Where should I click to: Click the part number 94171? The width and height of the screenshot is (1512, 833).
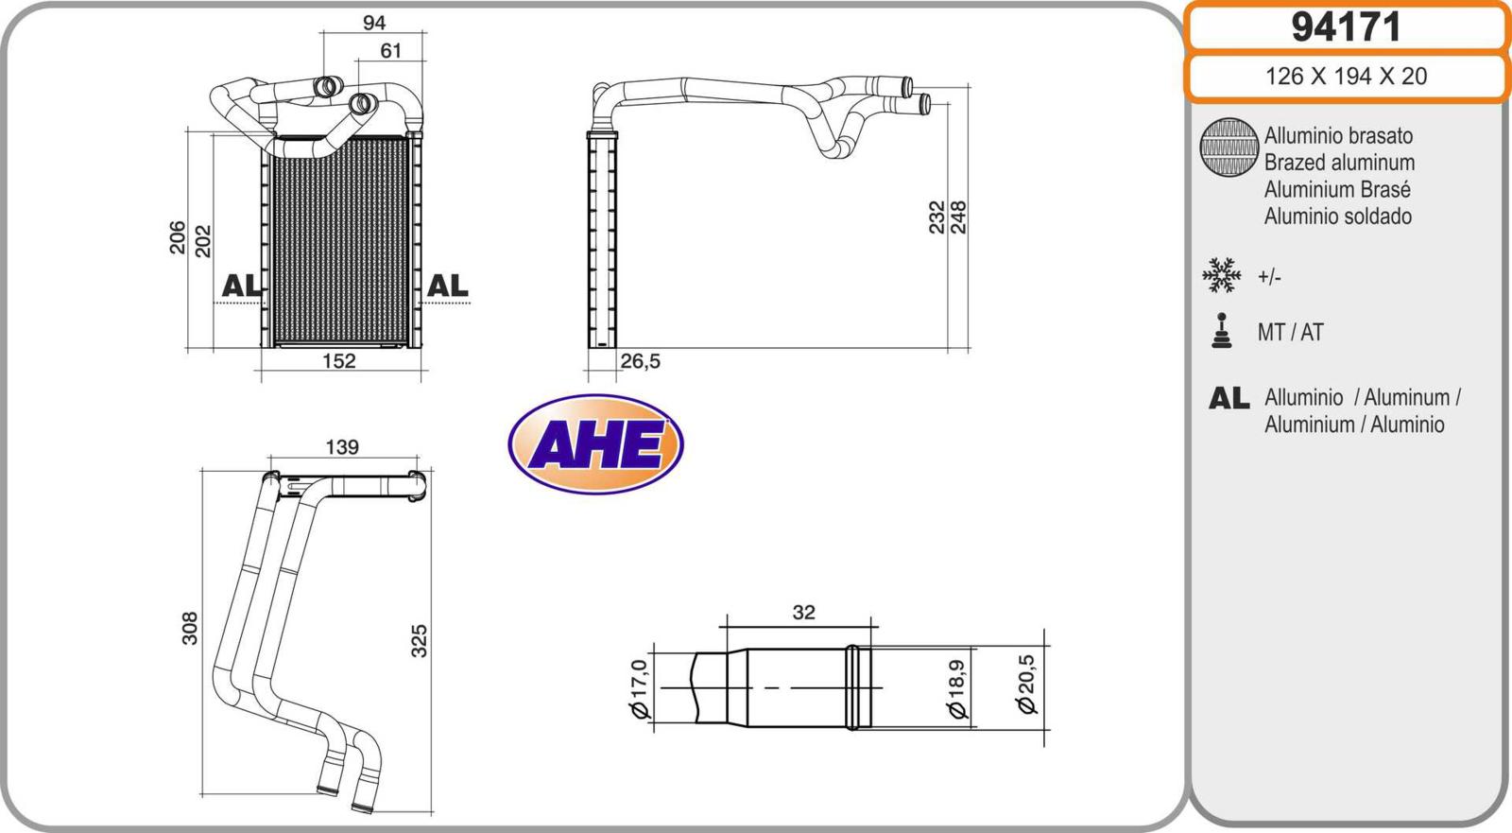point(1346,27)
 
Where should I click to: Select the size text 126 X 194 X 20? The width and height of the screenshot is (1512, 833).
point(1346,77)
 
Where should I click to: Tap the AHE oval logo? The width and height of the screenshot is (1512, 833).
point(595,444)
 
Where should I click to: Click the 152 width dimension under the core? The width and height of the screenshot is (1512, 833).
point(339,361)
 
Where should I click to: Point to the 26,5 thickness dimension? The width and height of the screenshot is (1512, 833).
point(640,361)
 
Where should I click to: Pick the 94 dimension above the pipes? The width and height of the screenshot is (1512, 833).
point(374,23)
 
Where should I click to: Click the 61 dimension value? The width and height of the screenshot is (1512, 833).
point(391,51)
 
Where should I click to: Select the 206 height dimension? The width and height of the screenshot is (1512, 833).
point(178,237)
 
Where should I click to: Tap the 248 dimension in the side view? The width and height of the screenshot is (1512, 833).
point(958,217)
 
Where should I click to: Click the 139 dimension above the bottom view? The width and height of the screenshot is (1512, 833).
point(342,447)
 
